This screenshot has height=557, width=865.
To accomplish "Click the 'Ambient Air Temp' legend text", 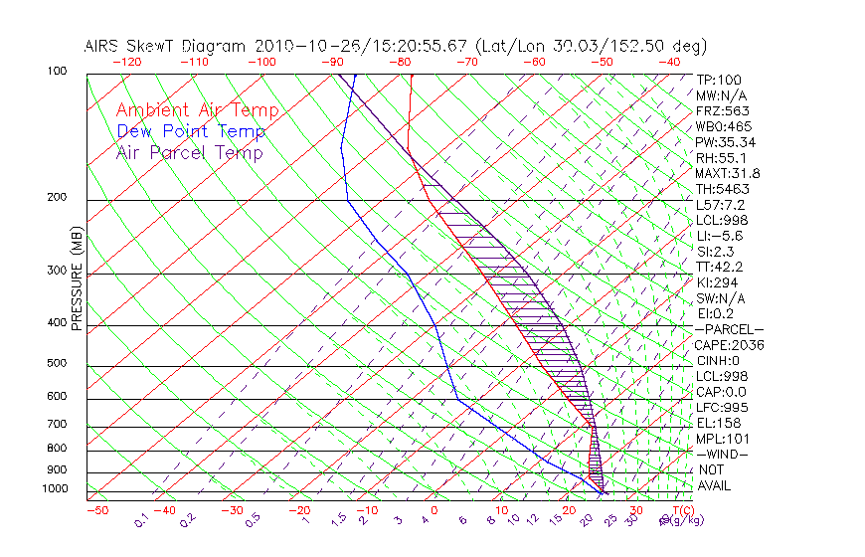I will (x=197, y=110).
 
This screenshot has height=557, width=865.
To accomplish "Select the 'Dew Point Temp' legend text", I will (x=190, y=131).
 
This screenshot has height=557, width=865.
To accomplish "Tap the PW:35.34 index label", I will (x=726, y=142).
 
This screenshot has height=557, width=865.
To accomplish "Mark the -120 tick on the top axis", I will (x=125, y=62).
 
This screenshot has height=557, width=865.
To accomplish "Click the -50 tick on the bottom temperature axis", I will (x=96, y=510).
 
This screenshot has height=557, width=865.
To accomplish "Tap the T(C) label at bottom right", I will (x=679, y=510).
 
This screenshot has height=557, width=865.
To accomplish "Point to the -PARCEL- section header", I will (x=729, y=329).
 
